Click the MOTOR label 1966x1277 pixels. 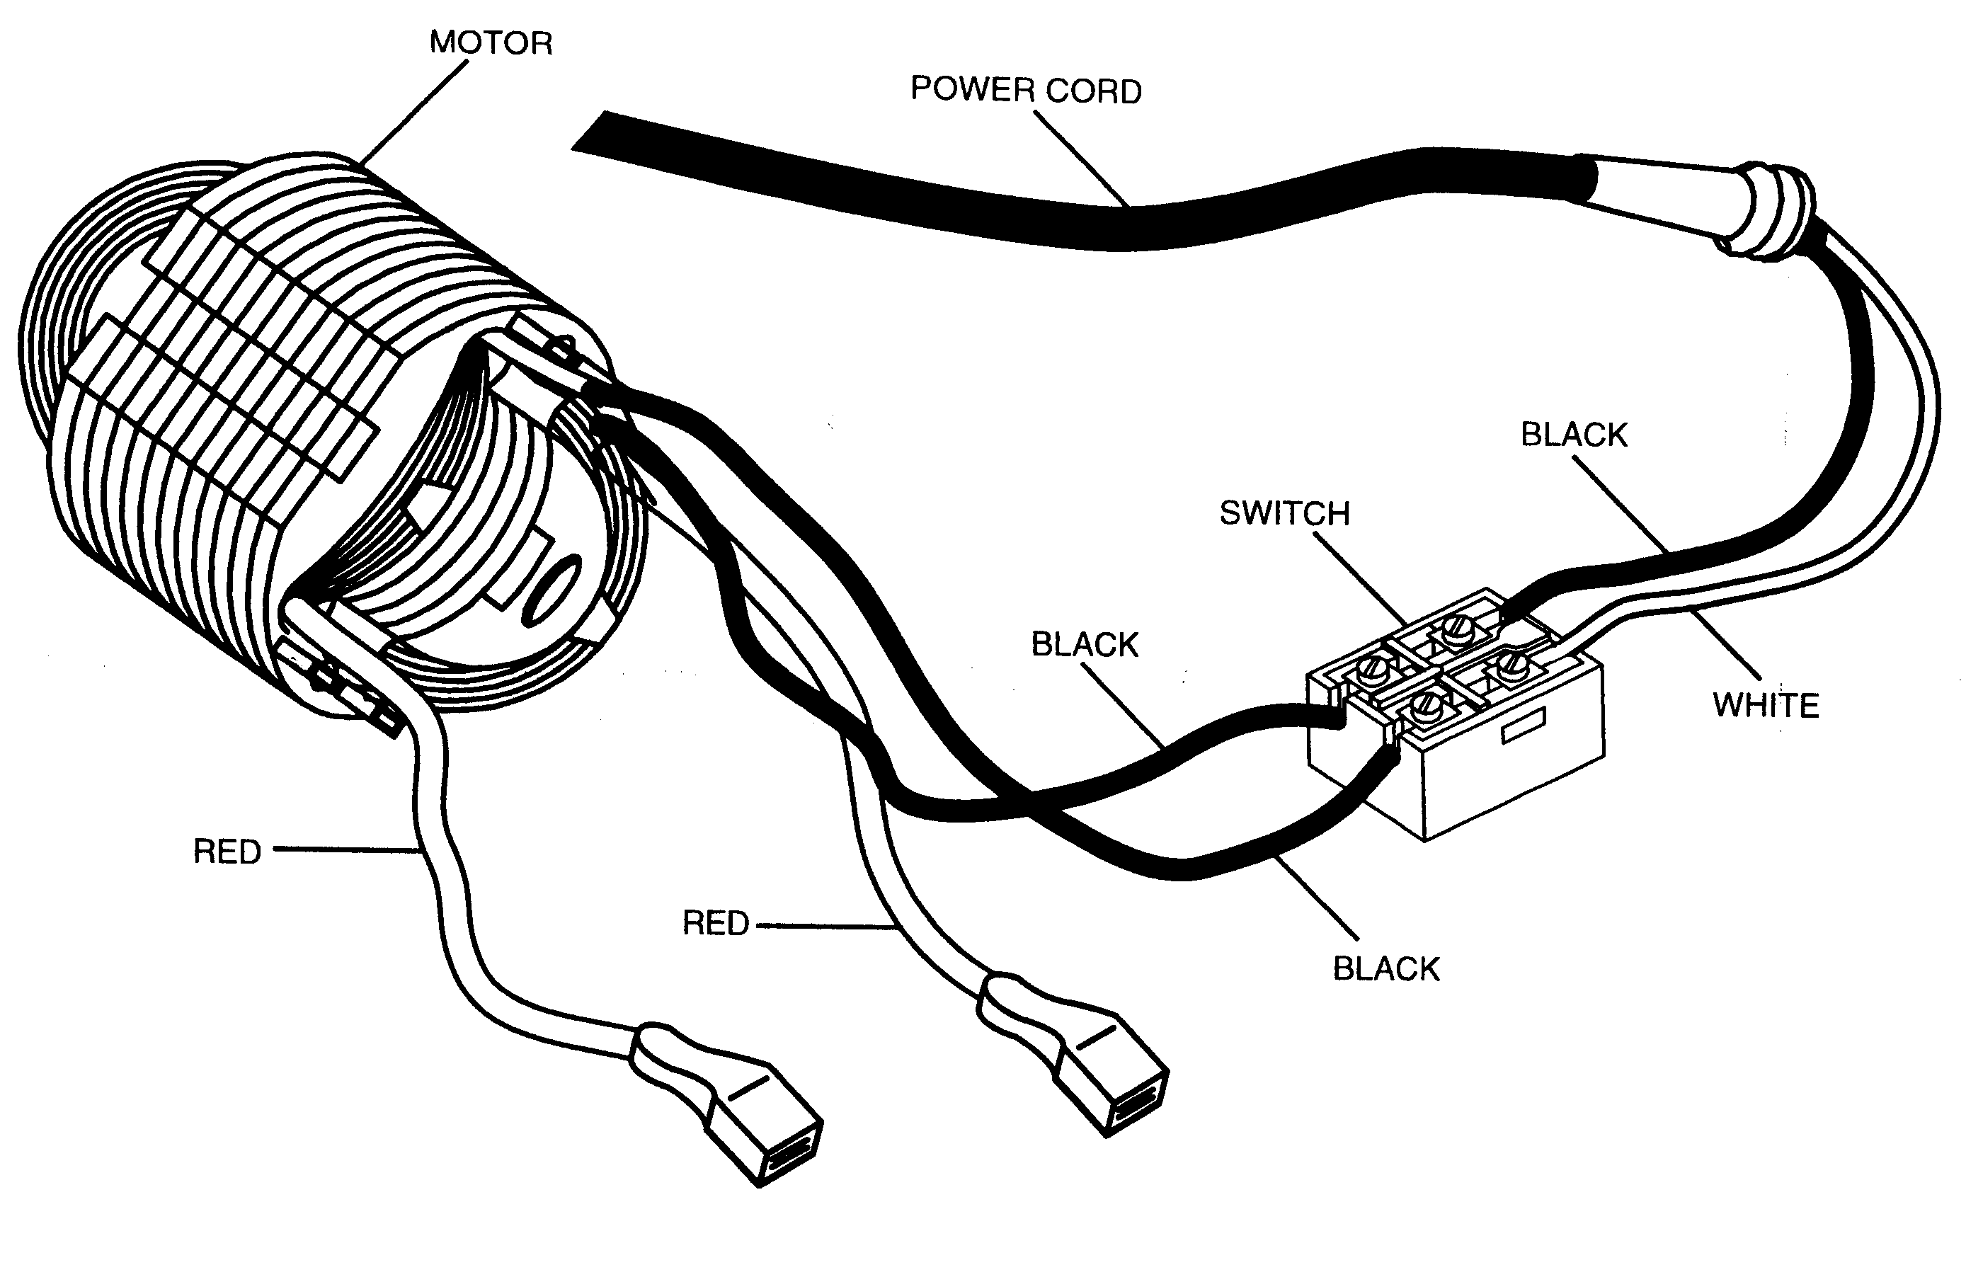[x=491, y=43]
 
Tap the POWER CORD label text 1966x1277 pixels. [x=1026, y=90]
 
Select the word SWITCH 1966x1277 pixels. [x=1284, y=513]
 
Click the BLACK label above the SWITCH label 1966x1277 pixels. [x=1574, y=435]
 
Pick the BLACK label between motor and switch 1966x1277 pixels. [x=1085, y=644]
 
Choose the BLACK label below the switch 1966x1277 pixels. [x=1386, y=969]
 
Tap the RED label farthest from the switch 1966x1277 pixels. [x=227, y=852]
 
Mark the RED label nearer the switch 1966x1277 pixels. [x=715, y=922]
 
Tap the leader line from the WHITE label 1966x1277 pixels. [x=1724, y=644]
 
